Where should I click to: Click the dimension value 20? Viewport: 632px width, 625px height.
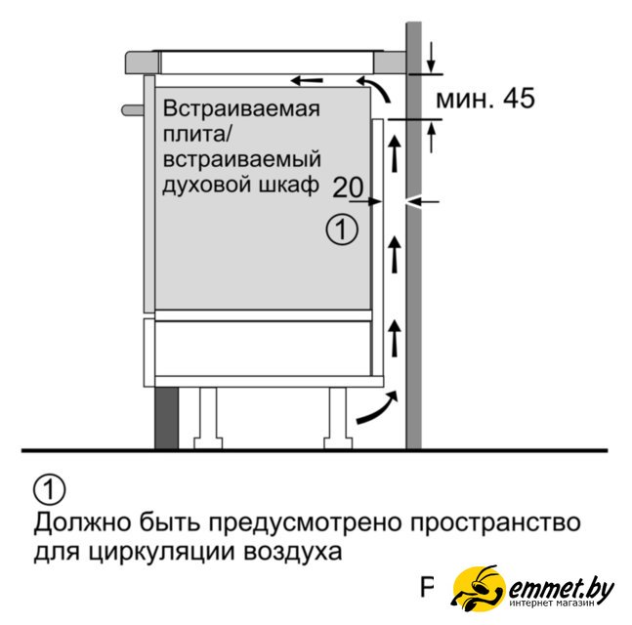347,187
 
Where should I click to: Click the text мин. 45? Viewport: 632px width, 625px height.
485,99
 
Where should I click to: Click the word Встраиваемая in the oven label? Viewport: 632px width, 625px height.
241,107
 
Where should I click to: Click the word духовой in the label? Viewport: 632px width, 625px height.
208,184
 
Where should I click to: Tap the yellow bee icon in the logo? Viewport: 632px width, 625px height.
479,590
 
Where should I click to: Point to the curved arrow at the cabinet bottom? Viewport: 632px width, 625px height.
377,409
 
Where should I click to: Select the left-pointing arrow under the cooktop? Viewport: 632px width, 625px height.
305,79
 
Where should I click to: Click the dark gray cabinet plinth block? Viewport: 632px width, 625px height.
166,416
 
